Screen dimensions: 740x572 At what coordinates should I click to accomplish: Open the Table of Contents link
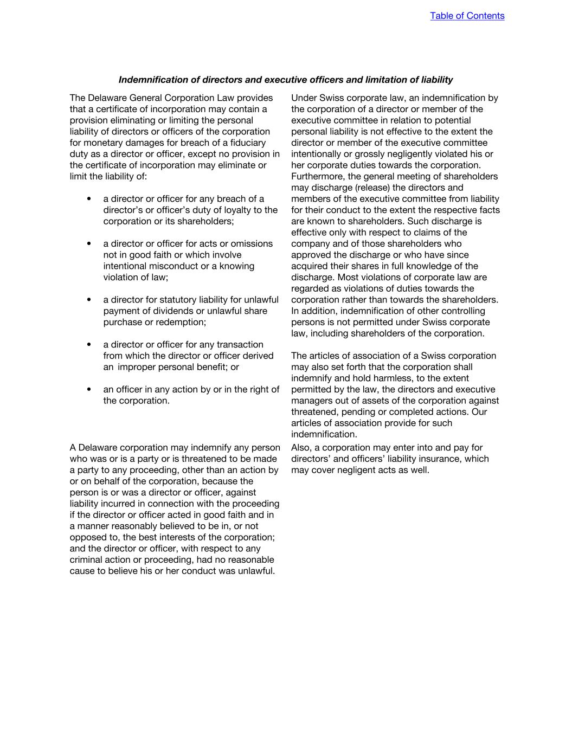pyautogui.click(x=467, y=16)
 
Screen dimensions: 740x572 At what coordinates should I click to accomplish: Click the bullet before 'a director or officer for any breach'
pyautogui.click(x=89, y=199)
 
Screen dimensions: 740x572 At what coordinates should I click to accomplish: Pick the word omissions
pyautogui.click(x=249, y=243)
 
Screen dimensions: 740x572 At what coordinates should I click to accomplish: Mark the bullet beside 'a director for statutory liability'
pyautogui.click(x=89, y=300)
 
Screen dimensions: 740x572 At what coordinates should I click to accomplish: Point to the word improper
pyautogui.click(x=143, y=367)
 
